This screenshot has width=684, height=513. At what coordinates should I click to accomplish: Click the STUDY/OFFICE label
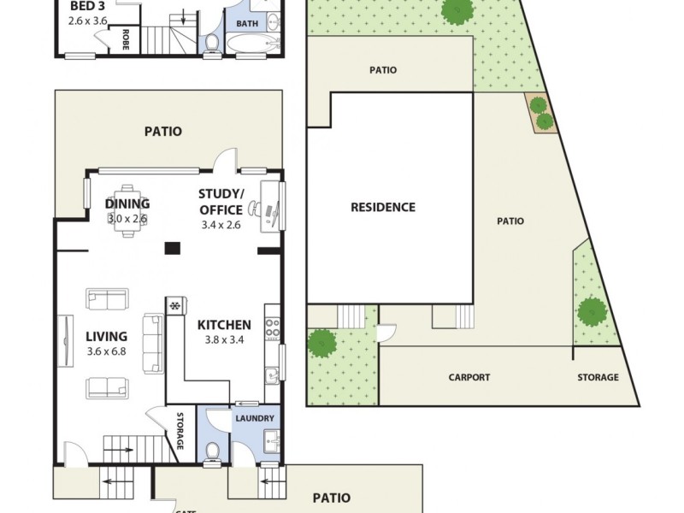pos(221,201)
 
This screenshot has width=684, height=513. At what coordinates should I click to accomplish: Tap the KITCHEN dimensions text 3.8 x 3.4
pos(223,339)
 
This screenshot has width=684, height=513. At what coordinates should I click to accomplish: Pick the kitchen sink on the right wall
pos(272,374)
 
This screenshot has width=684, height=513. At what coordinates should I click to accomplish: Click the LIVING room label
pos(106,336)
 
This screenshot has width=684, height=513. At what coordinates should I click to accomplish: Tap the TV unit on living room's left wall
pos(65,338)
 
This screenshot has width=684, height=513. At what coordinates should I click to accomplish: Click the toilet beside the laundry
pos(214,452)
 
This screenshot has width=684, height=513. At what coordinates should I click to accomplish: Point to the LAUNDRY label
pos(254,418)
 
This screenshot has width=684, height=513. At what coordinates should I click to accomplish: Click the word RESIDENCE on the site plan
pos(383,207)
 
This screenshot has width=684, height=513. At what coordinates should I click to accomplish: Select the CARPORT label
pos(469,377)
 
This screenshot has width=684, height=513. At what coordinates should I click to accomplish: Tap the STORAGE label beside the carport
pos(598,377)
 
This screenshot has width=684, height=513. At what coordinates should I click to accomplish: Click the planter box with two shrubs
pos(540,113)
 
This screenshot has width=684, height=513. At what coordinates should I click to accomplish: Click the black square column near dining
pos(173,249)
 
